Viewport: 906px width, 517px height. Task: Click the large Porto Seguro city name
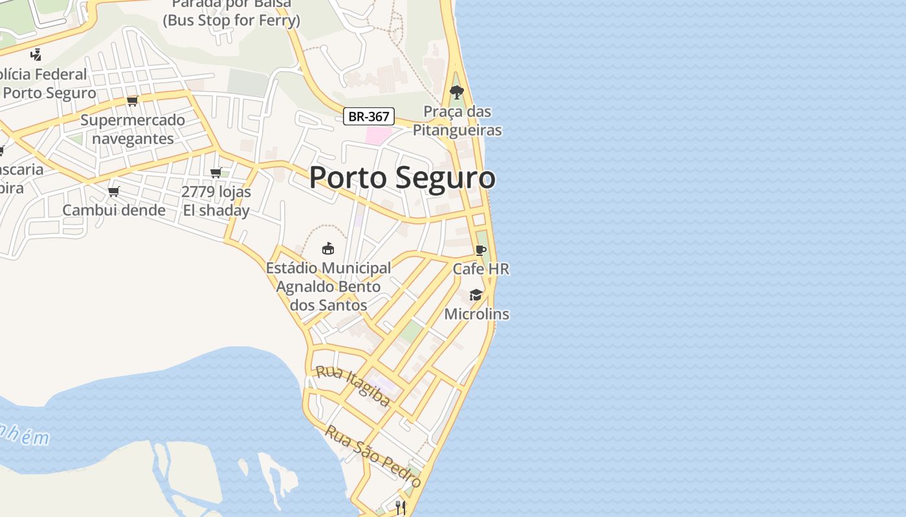[x=402, y=178]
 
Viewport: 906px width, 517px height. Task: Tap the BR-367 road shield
[x=369, y=116]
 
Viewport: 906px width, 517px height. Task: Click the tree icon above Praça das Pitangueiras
[x=457, y=92]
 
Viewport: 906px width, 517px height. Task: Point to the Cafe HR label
[x=481, y=269]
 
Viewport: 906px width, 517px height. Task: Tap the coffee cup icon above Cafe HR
[x=480, y=250]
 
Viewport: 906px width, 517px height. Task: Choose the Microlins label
[x=477, y=314]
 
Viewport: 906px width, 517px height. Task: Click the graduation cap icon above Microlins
[x=476, y=295]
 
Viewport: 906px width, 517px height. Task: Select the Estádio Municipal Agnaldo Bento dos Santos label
[x=328, y=286]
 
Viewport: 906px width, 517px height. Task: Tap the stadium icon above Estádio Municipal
[x=328, y=248]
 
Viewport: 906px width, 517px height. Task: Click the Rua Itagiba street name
[x=353, y=387]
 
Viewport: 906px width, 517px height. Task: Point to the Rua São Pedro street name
[x=373, y=456]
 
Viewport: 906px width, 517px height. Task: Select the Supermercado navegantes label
[x=133, y=129]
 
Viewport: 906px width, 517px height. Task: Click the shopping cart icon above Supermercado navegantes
[x=133, y=101]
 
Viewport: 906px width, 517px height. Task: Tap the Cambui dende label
[x=114, y=210]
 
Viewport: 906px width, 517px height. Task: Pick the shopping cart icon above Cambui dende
[x=114, y=191]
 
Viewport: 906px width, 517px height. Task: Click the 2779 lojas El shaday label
[x=216, y=201]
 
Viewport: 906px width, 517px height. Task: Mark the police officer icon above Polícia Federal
[x=36, y=55]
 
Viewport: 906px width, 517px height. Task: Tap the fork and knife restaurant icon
[x=401, y=507]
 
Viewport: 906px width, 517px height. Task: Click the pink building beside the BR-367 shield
[x=379, y=136]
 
